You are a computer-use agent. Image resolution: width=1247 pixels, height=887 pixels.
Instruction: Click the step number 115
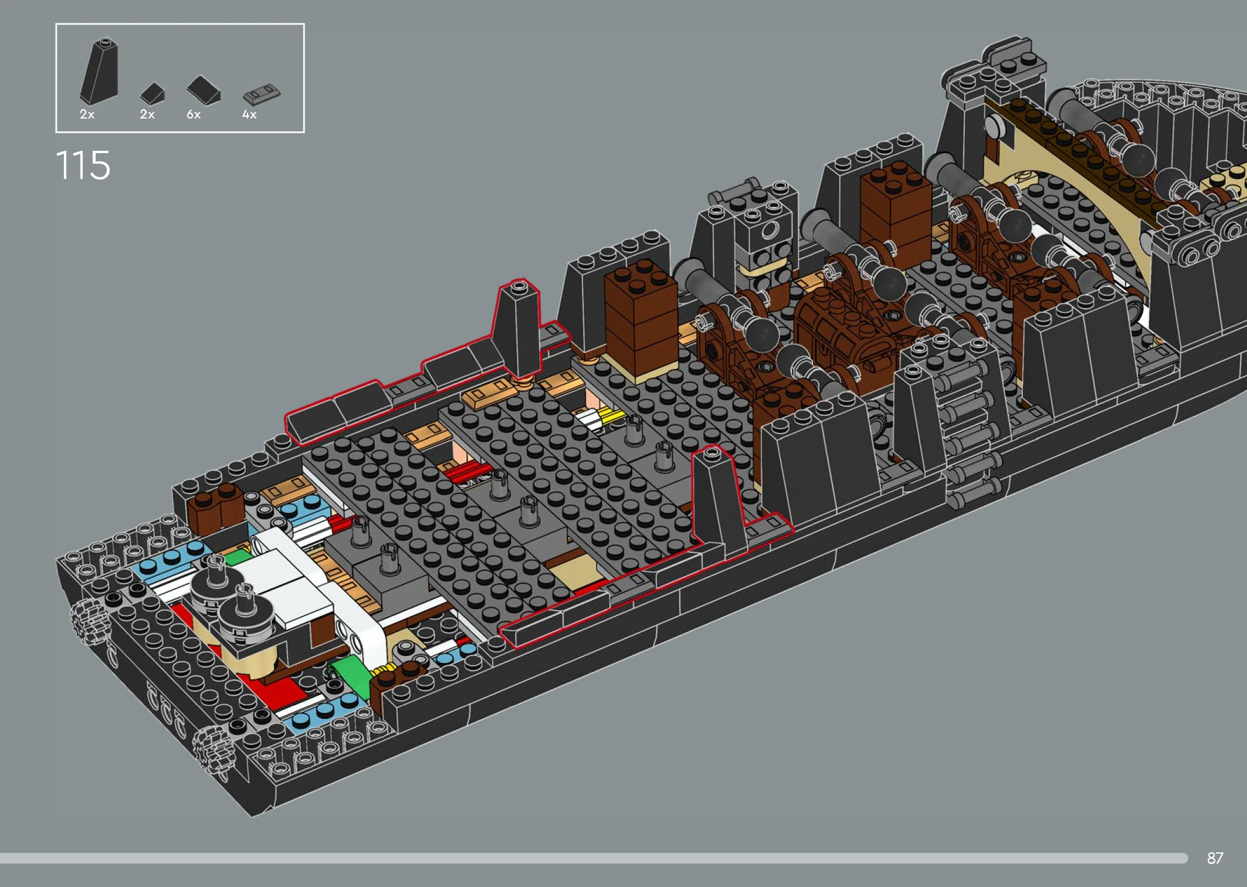click(83, 165)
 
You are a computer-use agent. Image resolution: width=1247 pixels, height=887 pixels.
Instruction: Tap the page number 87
click(1215, 858)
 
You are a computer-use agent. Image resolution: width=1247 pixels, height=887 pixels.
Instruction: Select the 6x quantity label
click(194, 114)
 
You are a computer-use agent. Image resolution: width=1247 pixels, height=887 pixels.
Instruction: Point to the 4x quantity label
click(249, 114)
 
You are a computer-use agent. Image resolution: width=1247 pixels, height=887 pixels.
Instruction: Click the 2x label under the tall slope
click(87, 114)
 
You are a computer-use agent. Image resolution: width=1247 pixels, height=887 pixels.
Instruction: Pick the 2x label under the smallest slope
click(147, 114)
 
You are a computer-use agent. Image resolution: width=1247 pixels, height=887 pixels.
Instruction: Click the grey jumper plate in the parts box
click(262, 94)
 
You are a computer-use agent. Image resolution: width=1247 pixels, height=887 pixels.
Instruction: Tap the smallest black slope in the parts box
click(153, 93)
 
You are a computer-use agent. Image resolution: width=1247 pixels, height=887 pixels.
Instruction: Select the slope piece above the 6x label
click(204, 90)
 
